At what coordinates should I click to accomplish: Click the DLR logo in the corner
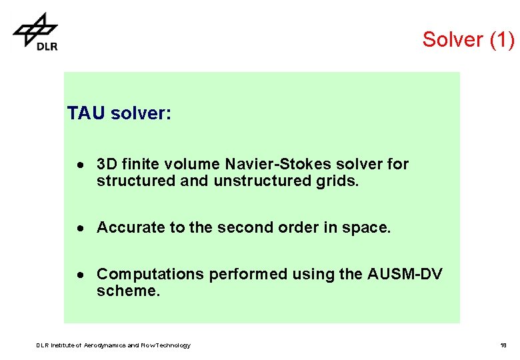tap(36, 31)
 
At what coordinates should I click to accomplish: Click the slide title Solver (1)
tap(468, 39)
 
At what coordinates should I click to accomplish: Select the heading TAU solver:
tap(119, 114)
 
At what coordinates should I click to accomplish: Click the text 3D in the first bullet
tap(107, 164)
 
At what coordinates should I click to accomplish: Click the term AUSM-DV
tap(405, 274)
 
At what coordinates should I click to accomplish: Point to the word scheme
tap(128, 291)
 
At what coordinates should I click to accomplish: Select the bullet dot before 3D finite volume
tap(79, 165)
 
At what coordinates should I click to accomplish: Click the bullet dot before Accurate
tap(79, 228)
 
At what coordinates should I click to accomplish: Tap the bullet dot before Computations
tap(79, 275)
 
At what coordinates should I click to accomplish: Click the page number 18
tap(503, 345)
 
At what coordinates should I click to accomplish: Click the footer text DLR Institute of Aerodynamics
tap(113, 345)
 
